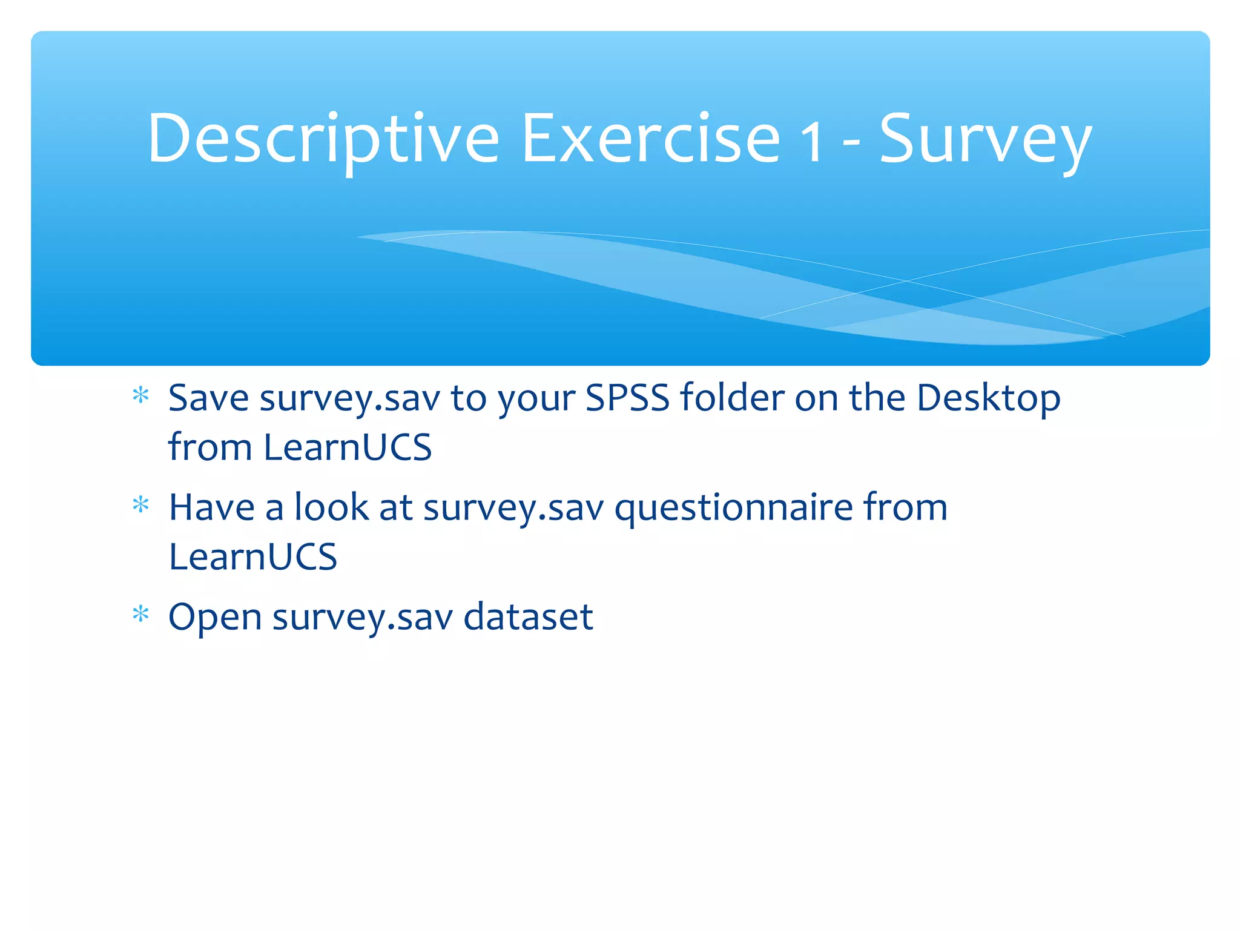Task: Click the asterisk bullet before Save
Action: [140, 397]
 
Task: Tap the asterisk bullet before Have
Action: [140, 506]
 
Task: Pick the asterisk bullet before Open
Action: [140, 615]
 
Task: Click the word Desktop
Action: [988, 400]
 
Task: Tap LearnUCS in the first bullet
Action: [348, 447]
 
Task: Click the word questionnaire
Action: [734, 509]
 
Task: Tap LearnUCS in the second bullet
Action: [252, 557]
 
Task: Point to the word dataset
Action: [528, 617]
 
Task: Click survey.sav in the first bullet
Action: [349, 400]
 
